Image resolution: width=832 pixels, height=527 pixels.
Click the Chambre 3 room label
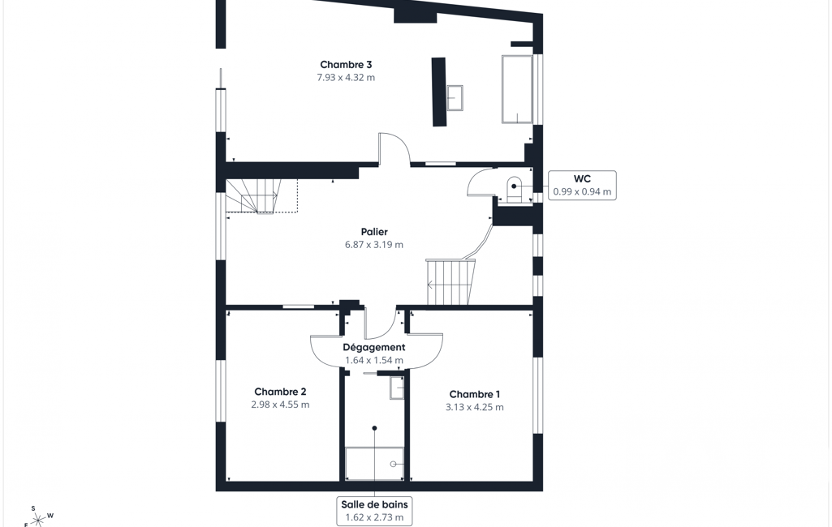click(x=346, y=65)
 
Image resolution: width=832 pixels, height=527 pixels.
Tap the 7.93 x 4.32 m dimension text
click(x=346, y=77)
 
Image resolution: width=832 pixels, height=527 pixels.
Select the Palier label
click(x=374, y=232)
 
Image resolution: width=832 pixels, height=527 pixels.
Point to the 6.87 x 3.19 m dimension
click(x=374, y=244)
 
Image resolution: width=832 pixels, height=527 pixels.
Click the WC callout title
click(x=582, y=179)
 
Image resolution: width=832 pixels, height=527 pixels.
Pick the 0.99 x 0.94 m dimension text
click(x=582, y=192)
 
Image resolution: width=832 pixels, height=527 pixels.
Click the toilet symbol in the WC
click(x=515, y=189)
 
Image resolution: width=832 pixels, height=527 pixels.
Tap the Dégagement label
click(x=374, y=347)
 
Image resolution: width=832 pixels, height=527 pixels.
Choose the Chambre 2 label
click(x=280, y=392)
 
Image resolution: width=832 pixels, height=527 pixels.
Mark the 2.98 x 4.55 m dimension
click(x=280, y=405)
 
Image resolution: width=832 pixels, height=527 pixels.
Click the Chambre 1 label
click(x=474, y=394)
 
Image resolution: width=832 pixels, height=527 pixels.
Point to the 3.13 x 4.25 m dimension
click(x=474, y=407)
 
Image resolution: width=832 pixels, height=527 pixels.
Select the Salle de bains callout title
click(x=375, y=504)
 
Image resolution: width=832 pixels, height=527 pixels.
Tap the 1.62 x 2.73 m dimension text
click(x=375, y=517)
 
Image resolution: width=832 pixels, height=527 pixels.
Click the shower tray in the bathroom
click(x=375, y=464)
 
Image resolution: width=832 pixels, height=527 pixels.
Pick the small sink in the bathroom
click(x=397, y=388)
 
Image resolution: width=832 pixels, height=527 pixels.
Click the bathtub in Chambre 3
click(x=517, y=89)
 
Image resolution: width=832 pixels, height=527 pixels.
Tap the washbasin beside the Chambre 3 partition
click(x=455, y=98)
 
